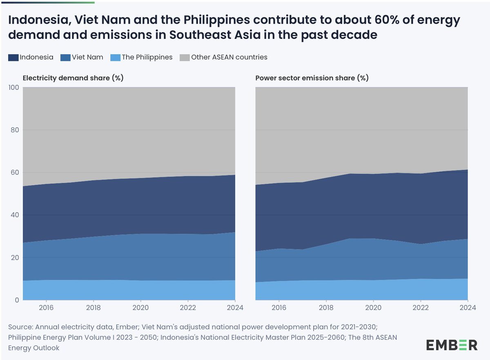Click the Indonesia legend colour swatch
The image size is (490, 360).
tap(13, 58)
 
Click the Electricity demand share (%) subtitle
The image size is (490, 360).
tap(73, 78)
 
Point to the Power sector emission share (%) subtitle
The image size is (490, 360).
tap(312, 78)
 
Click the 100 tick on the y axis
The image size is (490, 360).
tap(13, 87)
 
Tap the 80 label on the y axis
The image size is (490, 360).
tap(15, 130)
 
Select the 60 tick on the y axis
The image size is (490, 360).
tap(15, 172)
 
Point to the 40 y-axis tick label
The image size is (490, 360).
tap(15, 215)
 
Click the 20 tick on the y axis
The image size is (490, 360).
tap(15, 258)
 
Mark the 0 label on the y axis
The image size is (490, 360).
tap(17, 300)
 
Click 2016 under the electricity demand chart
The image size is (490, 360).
tap(46, 308)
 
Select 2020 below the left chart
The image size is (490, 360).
tap(140, 308)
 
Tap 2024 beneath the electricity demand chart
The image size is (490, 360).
tap(234, 308)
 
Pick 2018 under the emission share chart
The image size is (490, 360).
tap(326, 308)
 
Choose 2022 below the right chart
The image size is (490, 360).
tap(421, 308)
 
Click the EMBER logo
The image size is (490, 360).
tap(452, 344)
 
